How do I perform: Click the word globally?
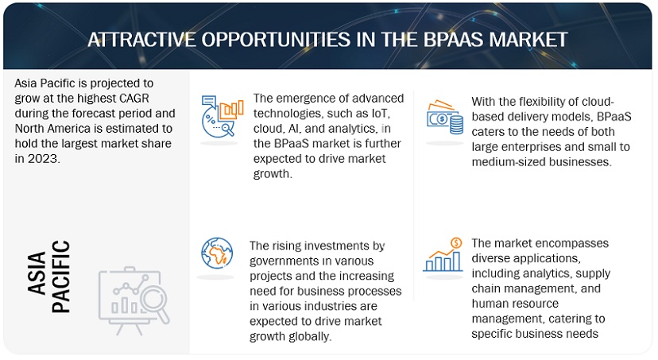[x=314, y=335]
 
